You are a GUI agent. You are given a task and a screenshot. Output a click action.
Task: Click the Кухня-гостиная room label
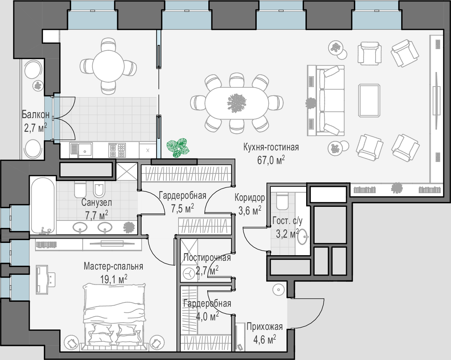point(271,147)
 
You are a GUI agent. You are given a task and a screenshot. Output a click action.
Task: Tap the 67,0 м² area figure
point(271,160)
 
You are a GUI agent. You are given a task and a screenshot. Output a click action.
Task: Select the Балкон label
point(36,115)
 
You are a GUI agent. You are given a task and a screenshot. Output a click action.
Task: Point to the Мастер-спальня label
point(113,266)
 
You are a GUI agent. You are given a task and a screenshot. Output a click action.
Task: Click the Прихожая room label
point(264,327)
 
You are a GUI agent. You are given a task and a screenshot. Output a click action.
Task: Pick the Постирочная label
point(207,258)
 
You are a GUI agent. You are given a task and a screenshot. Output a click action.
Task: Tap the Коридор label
point(250,198)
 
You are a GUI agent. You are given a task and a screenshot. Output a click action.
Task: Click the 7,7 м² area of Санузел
point(96,215)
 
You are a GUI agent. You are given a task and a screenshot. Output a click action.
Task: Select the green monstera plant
point(178,148)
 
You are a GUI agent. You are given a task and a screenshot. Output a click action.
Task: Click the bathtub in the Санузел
point(43,205)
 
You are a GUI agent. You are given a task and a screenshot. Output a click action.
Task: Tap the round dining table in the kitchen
point(108,66)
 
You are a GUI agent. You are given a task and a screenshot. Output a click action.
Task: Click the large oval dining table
point(237,103)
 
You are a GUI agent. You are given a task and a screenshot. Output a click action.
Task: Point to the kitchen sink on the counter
point(81,150)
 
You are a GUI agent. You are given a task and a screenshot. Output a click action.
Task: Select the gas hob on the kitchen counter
point(117,150)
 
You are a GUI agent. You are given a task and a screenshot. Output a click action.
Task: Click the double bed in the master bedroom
point(114,317)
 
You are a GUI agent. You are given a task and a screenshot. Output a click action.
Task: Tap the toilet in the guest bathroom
point(282,201)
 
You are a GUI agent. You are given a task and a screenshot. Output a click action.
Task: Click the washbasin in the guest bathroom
point(303,237)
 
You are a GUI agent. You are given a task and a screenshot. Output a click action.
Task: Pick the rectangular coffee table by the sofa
point(369,100)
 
